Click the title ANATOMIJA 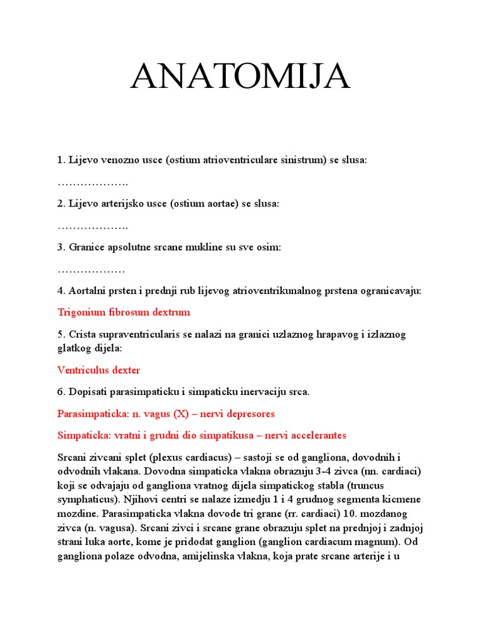pos(240,77)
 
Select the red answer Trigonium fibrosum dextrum pos(124,312)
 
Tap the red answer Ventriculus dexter pos(99,370)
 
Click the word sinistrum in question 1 pos(304,160)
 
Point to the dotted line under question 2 pos(93,226)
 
